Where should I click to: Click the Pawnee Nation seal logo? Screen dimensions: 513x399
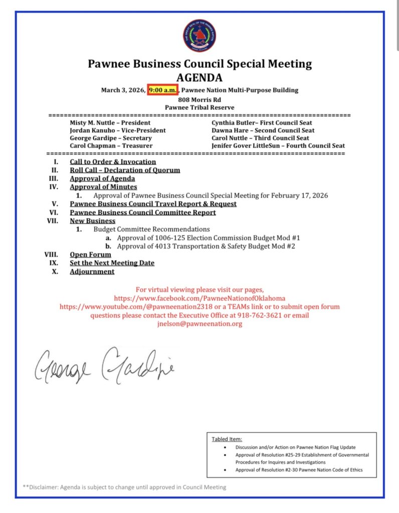click(199, 36)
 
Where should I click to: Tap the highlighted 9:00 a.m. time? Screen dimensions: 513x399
click(162, 90)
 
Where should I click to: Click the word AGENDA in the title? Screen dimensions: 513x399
click(199, 78)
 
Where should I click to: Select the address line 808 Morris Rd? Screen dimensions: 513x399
click(199, 99)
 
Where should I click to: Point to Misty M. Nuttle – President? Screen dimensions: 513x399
click(110, 123)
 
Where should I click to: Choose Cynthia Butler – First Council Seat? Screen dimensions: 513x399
click(262, 123)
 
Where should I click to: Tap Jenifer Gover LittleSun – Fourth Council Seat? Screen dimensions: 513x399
click(278, 146)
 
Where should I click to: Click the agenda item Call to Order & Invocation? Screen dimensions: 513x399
click(113, 162)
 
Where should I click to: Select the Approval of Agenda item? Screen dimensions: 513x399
click(102, 178)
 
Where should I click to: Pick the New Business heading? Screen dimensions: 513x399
click(92, 220)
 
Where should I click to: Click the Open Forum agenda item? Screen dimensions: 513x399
click(90, 254)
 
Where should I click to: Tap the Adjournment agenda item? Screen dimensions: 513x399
click(92, 272)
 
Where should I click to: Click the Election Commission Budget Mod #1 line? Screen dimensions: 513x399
click(208, 237)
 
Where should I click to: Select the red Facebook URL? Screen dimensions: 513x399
click(199, 298)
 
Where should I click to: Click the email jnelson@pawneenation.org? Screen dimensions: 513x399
click(199, 324)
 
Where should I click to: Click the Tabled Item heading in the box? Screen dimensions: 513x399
click(227, 439)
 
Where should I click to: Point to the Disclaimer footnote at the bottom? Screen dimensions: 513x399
click(124, 487)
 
